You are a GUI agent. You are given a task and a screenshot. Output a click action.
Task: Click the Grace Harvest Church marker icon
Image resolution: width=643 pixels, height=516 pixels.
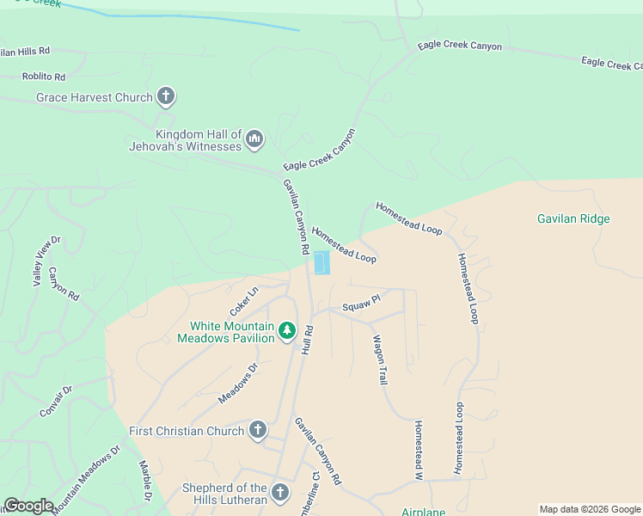point(167,97)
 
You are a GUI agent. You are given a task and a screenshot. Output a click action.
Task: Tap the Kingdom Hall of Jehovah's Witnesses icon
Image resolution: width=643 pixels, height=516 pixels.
point(254,138)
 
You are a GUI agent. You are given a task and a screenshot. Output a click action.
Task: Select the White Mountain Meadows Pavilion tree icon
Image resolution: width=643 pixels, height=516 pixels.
point(287,330)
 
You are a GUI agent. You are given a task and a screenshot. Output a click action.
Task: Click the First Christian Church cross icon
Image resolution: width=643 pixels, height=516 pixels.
point(257,431)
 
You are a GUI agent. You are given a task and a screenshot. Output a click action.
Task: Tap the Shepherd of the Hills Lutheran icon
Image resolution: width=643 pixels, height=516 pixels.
point(279,493)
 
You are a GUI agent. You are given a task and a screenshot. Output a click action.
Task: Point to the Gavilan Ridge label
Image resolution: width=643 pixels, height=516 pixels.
point(573,218)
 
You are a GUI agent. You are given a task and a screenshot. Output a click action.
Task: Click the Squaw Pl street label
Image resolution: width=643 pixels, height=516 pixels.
point(360,304)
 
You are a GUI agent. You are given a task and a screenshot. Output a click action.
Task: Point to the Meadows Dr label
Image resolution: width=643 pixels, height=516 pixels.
point(238,383)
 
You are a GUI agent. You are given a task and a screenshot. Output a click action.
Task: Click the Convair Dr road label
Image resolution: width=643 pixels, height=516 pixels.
point(56,402)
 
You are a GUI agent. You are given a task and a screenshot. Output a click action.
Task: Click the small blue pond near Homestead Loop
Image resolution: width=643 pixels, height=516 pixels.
point(321,262)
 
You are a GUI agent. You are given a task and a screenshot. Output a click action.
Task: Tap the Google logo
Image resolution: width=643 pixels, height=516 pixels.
point(28,506)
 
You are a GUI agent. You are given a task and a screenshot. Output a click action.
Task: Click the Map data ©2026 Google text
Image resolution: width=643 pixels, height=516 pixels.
point(590,509)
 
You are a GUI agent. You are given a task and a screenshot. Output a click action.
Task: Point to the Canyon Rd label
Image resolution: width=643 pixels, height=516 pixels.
point(64,284)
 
